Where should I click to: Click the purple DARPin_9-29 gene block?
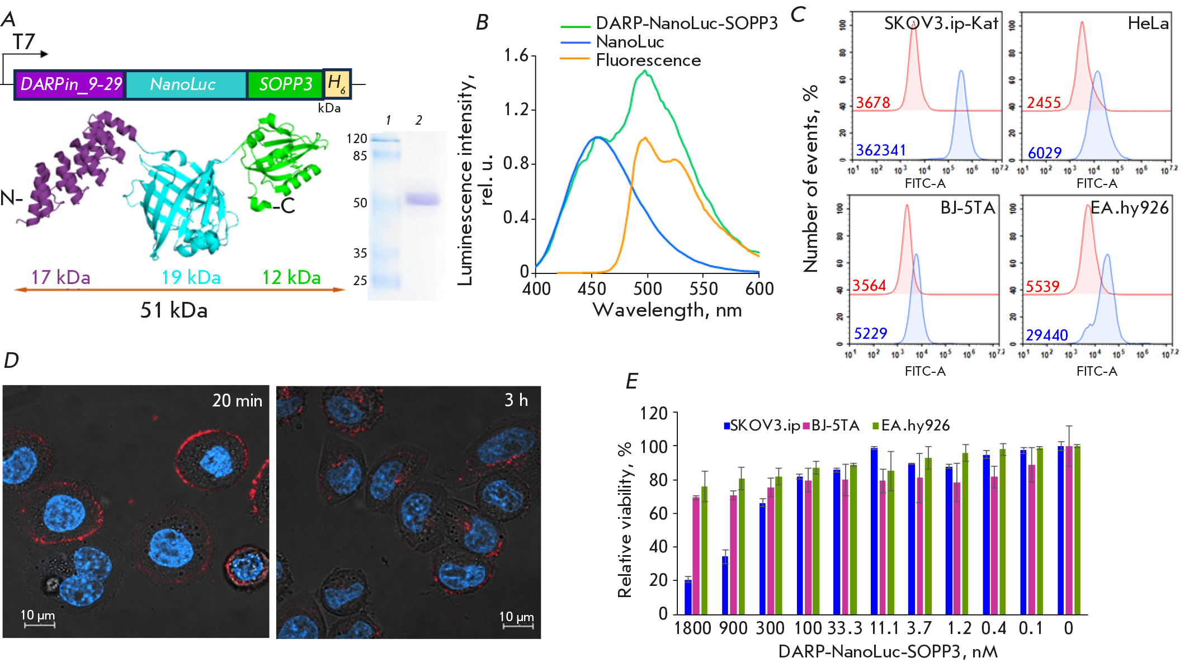click(x=70, y=84)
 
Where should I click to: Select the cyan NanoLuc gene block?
click(x=185, y=84)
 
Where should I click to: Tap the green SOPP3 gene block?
click(x=285, y=84)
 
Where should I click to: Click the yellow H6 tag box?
click(x=337, y=84)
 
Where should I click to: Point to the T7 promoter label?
click(x=24, y=42)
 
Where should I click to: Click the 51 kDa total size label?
click(x=173, y=310)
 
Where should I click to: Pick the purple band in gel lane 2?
click(x=423, y=199)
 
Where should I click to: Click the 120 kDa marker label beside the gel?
click(x=357, y=139)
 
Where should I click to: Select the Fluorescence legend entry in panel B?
click(x=648, y=60)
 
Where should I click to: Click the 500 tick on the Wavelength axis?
click(x=648, y=289)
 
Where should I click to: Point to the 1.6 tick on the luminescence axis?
click(x=516, y=55)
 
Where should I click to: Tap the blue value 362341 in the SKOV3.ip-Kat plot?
click(x=881, y=150)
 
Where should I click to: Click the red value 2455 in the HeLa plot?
click(x=1044, y=103)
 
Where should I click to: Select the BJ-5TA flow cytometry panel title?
click(x=968, y=208)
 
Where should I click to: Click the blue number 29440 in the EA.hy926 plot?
click(x=1046, y=335)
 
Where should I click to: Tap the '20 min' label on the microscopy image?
click(x=237, y=400)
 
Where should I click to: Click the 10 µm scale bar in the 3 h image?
click(x=517, y=625)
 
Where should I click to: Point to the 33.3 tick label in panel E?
click(x=844, y=628)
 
